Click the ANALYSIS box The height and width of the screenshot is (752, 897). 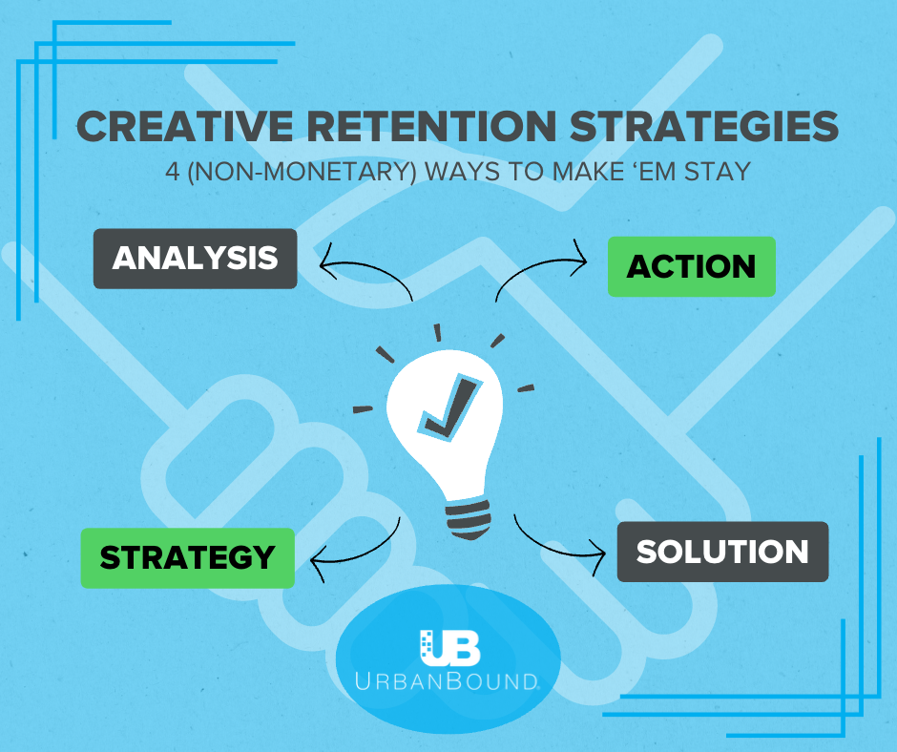[x=195, y=258]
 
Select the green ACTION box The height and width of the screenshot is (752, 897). [x=691, y=266]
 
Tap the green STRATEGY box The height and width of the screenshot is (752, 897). [x=187, y=556]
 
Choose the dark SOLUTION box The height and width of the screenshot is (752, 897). [x=722, y=552]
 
